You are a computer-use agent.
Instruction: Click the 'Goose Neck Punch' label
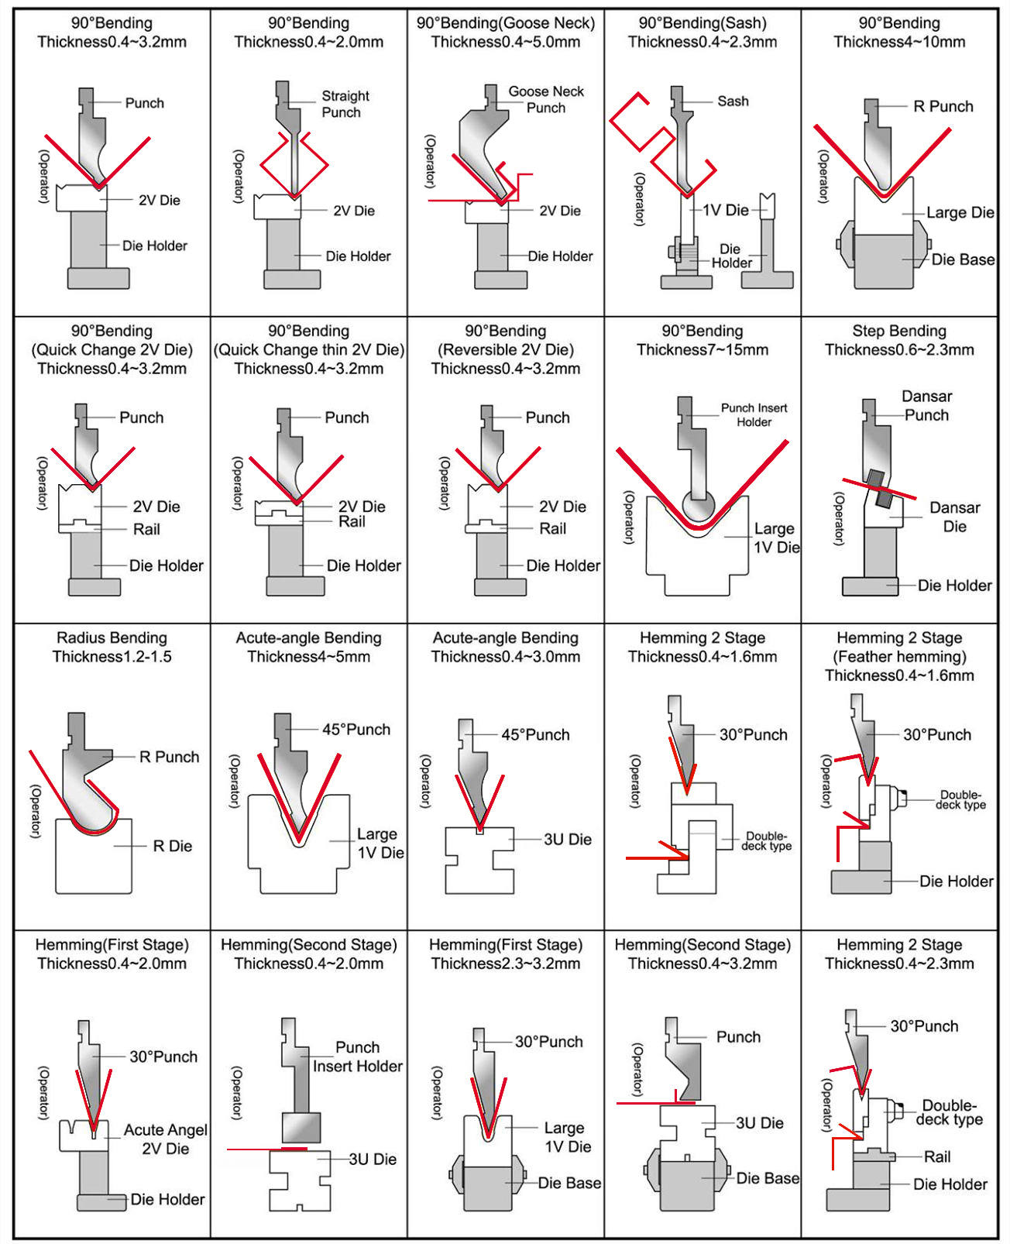point(546,99)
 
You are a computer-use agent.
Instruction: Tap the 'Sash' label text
point(733,101)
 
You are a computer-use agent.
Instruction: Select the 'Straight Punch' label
point(345,104)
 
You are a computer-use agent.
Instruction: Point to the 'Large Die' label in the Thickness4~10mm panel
point(960,212)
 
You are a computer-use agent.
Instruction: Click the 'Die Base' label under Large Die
point(963,259)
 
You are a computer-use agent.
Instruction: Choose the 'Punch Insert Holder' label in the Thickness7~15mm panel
point(754,414)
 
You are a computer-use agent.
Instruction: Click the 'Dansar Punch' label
point(926,405)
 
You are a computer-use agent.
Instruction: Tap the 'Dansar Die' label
point(954,517)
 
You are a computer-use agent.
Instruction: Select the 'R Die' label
point(172,846)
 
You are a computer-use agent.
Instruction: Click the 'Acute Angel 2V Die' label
point(165,1139)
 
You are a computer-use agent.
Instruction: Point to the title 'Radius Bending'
point(112,637)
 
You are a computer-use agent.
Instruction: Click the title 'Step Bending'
point(898,331)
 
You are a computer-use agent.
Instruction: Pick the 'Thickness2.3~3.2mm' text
point(505,964)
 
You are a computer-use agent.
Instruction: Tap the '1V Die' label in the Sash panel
point(726,210)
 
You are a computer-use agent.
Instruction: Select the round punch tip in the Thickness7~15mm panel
point(698,507)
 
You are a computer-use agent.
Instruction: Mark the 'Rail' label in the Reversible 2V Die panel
point(552,528)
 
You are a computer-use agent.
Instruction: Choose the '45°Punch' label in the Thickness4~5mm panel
point(356,729)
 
